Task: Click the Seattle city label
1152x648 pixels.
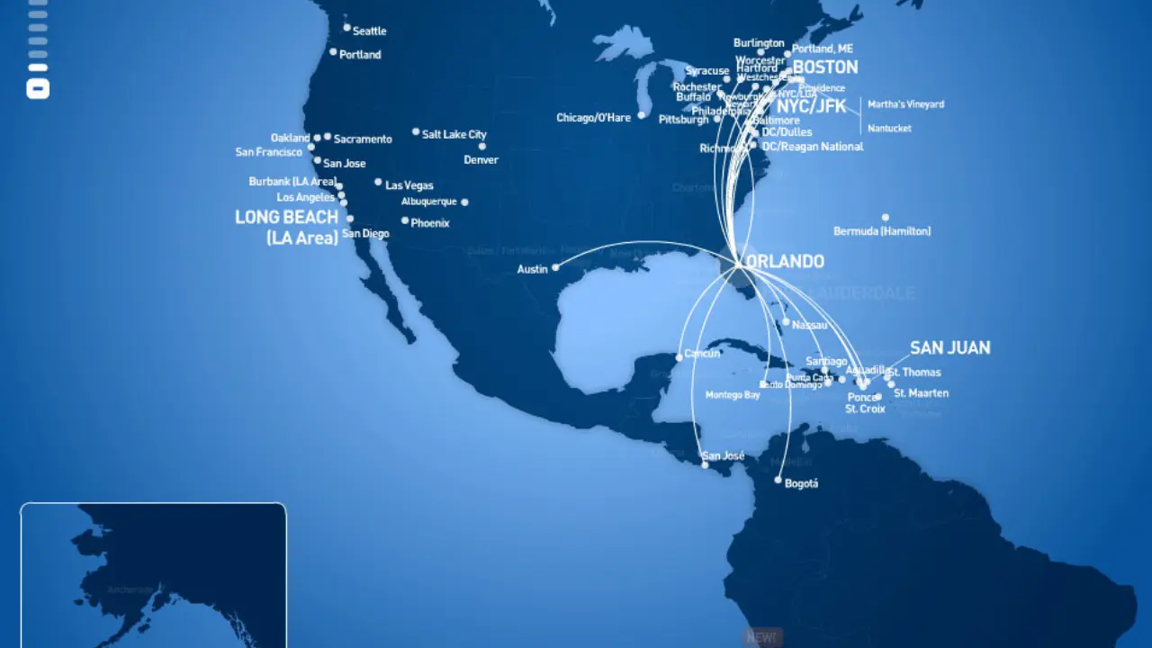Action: pos(369,31)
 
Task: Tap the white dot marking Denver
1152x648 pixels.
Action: pos(481,146)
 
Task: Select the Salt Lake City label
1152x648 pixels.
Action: pos(454,134)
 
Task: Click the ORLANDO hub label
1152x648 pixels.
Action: pos(784,262)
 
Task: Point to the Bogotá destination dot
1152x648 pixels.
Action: pos(778,481)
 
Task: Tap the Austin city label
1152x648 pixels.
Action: pos(532,269)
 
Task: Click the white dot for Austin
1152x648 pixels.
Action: pos(555,267)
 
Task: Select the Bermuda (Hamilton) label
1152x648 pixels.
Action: pos(882,231)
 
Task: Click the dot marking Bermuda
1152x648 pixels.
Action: pos(886,217)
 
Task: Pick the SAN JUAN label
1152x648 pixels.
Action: pos(949,347)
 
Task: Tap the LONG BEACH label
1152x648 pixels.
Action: pos(286,217)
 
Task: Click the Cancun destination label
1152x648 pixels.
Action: pos(702,354)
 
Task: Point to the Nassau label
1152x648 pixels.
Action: pos(809,324)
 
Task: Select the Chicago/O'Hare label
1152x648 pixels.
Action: pos(593,118)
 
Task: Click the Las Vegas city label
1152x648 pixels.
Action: pos(409,185)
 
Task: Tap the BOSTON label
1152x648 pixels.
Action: pos(824,67)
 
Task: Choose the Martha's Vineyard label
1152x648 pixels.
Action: pos(905,104)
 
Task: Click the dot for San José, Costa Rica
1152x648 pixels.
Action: pos(706,465)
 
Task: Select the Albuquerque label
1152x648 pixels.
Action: pos(429,202)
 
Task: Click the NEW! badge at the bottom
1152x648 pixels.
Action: pos(761,637)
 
